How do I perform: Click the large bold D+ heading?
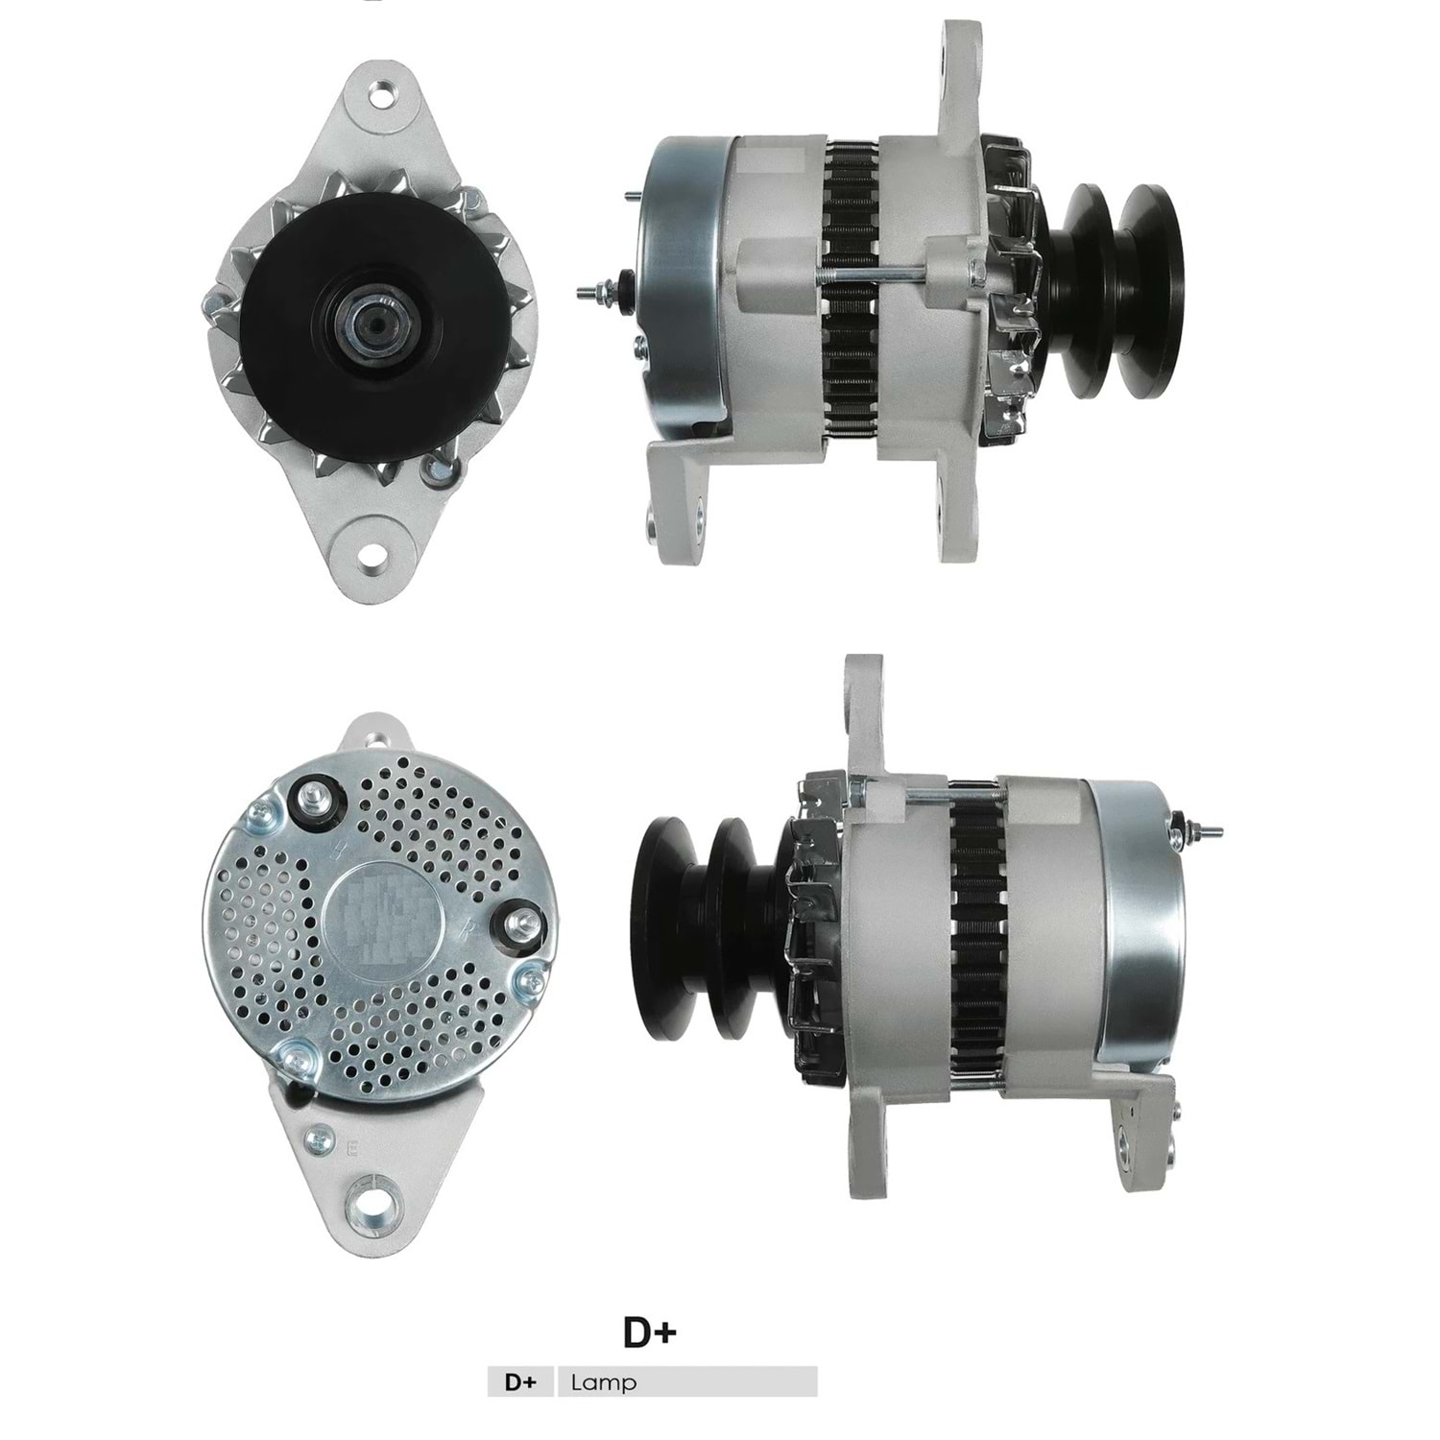[x=651, y=1332]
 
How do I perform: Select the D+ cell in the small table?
[x=520, y=1382]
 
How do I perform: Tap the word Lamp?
[x=603, y=1382]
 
